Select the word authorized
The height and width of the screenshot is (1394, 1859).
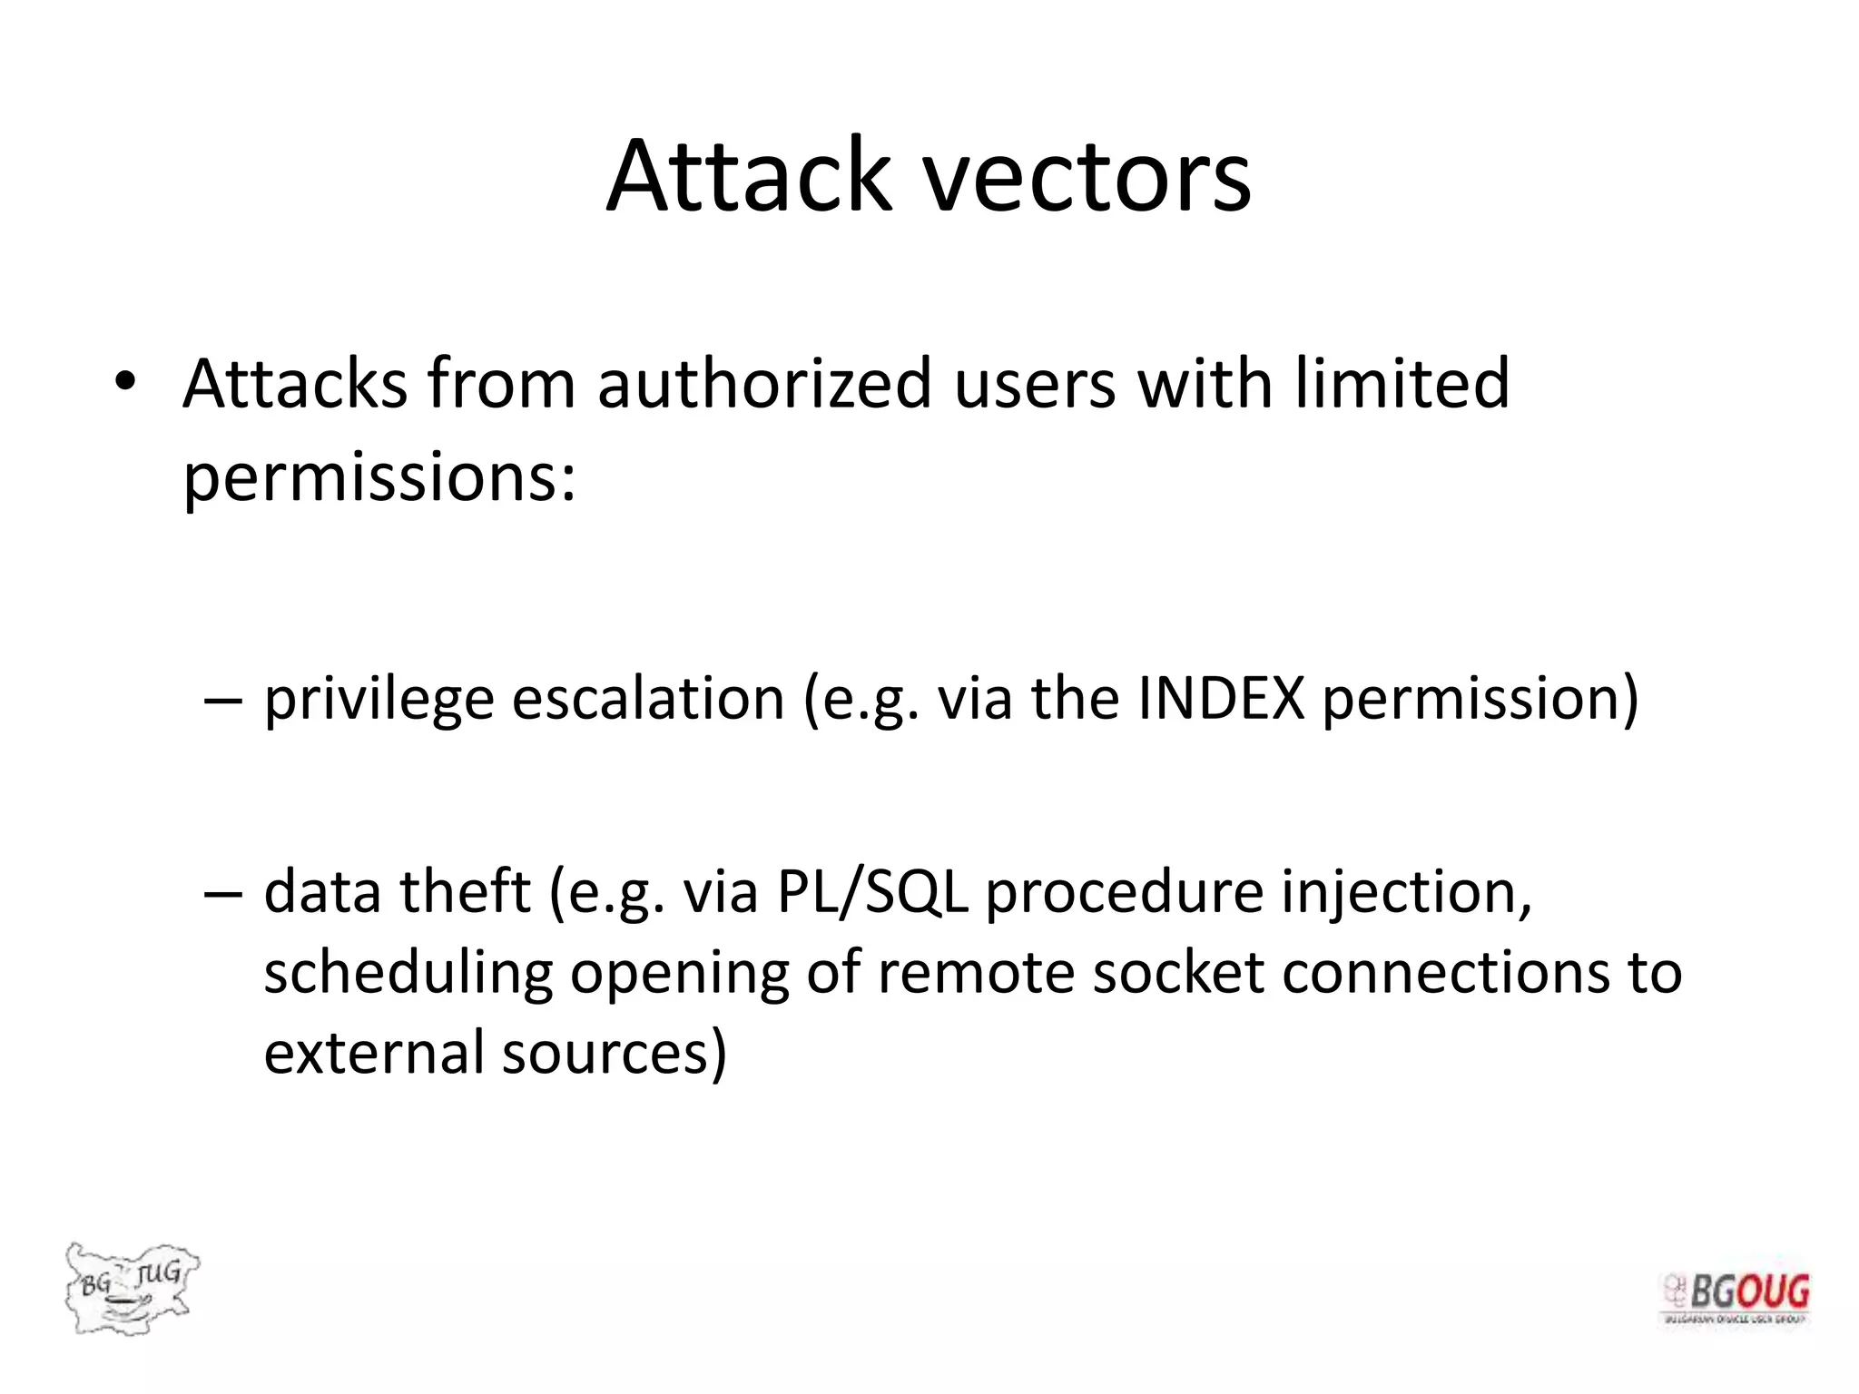point(764,383)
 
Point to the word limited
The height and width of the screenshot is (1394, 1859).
point(1402,383)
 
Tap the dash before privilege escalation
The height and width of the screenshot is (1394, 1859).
point(223,701)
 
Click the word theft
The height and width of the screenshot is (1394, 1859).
point(466,891)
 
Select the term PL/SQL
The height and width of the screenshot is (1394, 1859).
point(872,891)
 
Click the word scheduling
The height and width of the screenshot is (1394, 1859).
point(408,975)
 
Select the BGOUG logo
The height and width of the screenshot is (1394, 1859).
point(1736,1300)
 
